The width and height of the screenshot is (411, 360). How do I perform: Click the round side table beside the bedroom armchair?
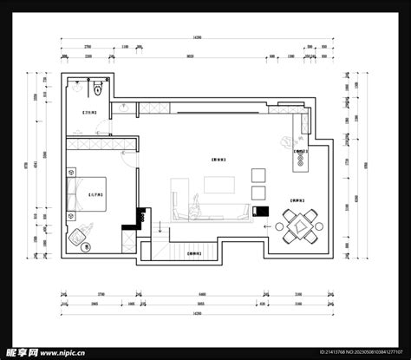click(86, 247)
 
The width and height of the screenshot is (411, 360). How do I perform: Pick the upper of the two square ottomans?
click(258, 174)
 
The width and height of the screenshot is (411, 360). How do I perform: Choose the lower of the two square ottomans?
click(258, 193)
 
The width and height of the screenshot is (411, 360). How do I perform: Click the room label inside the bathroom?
click(88, 114)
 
